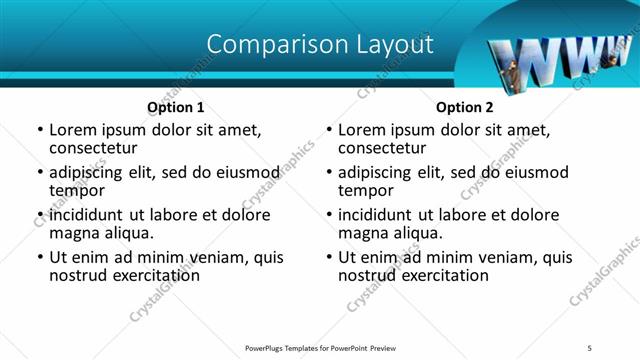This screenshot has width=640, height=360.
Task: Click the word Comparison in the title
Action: (267, 44)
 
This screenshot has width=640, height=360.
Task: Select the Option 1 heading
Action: (176, 107)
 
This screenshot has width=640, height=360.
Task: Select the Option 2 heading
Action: (465, 107)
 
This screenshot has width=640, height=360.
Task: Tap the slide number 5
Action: (590, 347)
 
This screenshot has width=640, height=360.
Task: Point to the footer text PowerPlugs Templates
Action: (291, 347)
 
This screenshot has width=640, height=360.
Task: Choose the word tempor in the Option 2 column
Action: (365, 190)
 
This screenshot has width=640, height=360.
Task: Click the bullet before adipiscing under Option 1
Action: (40, 173)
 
